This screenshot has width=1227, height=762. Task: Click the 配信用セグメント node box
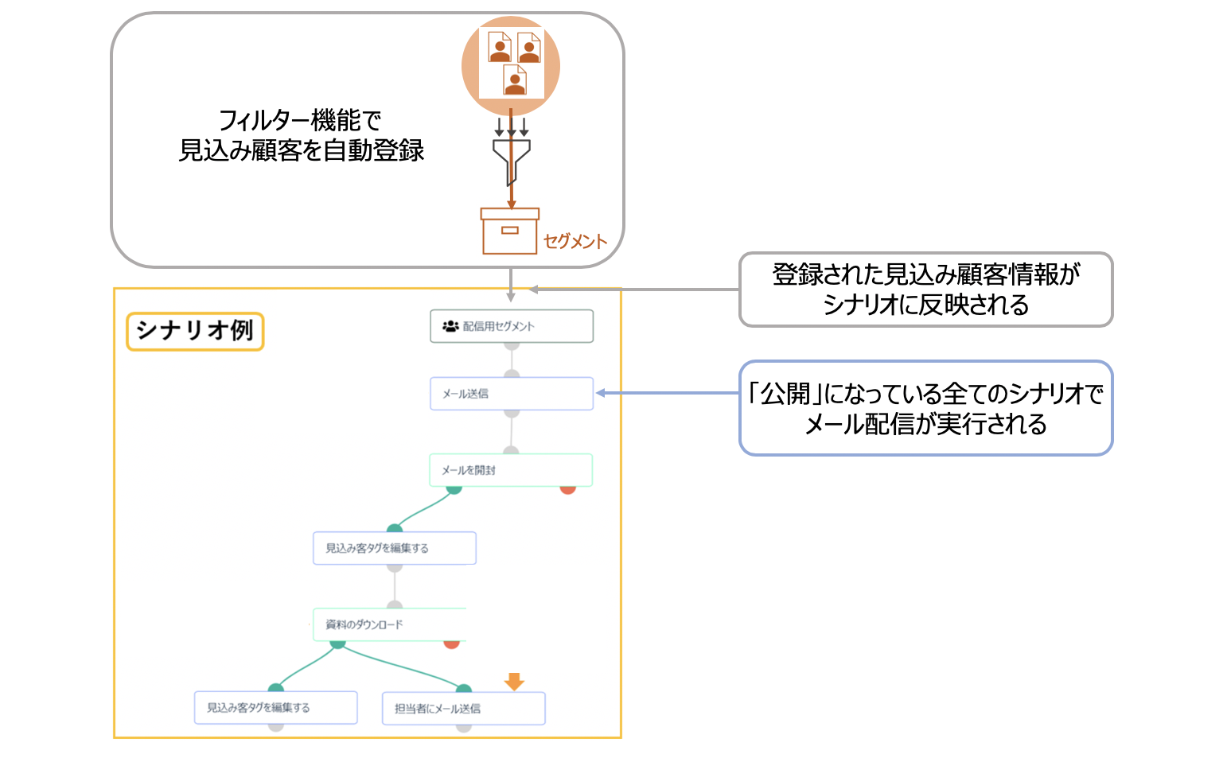(511, 326)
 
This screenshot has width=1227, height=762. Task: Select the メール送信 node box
(511, 394)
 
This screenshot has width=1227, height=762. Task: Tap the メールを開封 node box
(511, 470)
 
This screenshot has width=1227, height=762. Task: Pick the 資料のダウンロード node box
(389, 624)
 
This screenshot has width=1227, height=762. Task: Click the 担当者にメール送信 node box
(463, 708)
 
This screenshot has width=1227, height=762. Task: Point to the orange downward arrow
(514, 681)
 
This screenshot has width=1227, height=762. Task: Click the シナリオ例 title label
(195, 331)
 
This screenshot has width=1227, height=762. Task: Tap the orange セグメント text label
(575, 241)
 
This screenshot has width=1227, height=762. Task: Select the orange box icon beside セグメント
(509, 231)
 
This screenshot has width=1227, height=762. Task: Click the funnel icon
(511, 159)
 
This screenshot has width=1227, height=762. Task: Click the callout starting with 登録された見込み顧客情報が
(925, 290)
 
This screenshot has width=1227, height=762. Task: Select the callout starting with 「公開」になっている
(925, 408)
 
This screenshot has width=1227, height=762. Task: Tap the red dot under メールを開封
(567, 488)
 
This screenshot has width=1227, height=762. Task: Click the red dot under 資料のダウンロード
(451, 643)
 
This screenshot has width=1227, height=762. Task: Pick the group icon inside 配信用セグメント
(450, 326)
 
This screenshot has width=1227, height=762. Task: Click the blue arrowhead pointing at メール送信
(601, 393)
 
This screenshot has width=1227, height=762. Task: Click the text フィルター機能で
(300, 120)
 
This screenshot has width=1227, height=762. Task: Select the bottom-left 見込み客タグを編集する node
(275, 707)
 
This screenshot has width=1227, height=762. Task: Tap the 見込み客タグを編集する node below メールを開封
(394, 548)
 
